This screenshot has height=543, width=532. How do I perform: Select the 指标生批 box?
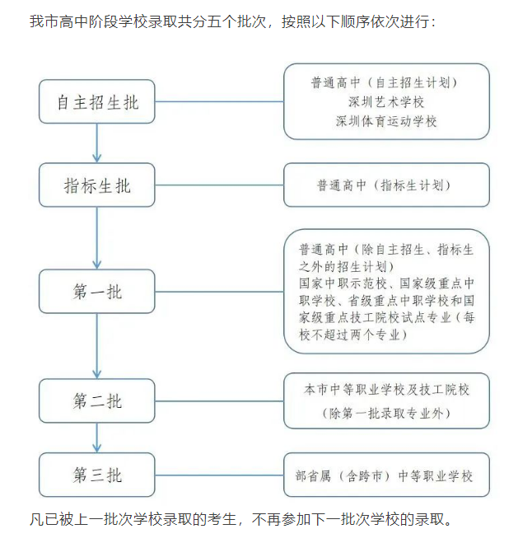pos(97,185)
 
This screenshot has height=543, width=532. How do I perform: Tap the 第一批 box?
pos(97,291)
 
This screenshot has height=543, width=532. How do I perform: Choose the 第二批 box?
pos(97,400)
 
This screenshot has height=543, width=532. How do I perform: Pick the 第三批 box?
pos(97,475)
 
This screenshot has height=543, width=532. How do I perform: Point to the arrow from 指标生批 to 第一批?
pos(97,237)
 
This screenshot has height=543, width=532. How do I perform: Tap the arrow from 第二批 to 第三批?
pos(97,438)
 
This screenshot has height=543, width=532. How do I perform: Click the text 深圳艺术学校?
pos(386,101)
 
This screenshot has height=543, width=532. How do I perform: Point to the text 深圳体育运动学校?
pos(386,121)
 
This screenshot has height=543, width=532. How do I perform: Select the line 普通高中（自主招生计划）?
pos(386,82)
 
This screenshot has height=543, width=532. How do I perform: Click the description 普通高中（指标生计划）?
pos(386,185)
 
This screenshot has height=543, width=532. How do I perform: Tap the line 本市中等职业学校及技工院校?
pos(386,389)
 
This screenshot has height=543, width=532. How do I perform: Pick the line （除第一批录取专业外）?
pos(386,411)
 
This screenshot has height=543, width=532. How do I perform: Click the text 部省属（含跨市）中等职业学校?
pos(386,475)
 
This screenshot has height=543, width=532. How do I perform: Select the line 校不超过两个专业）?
pos(352,335)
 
